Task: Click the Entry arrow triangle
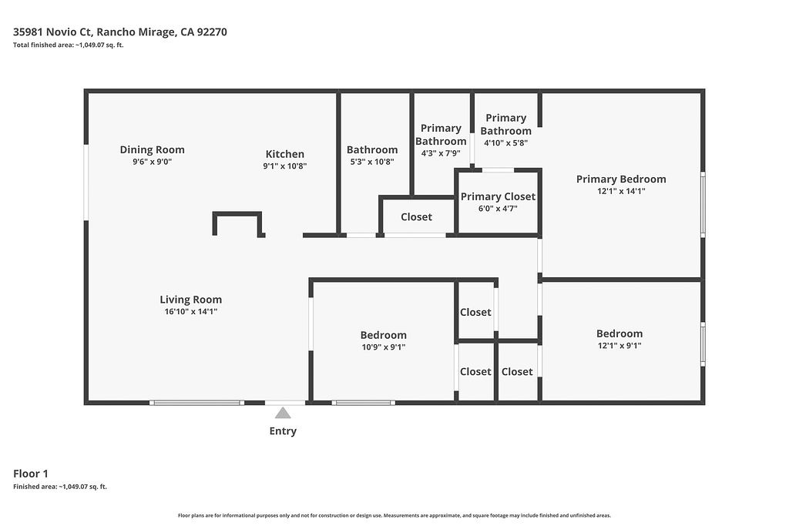[283, 413]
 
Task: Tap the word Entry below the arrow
[283, 431]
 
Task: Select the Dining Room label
[152, 149]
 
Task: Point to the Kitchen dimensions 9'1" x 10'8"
[285, 166]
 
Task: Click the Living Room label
[191, 300]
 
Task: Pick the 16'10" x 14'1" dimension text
[191, 311]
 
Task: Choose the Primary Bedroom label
[621, 179]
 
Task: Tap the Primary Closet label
[499, 196]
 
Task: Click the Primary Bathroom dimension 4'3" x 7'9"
[441, 153]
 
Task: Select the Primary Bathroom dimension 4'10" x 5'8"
[505, 142]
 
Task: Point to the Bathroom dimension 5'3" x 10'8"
[372, 162]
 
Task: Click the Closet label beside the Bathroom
[416, 216]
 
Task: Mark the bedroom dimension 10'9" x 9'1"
[384, 347]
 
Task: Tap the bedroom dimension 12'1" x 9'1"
[619, 346]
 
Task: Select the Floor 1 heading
[31, 474]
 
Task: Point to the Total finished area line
[69, 45]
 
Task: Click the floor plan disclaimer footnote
[394, 515]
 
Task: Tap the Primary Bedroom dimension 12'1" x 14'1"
[621, 191]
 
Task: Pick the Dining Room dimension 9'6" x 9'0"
[152, 162]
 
